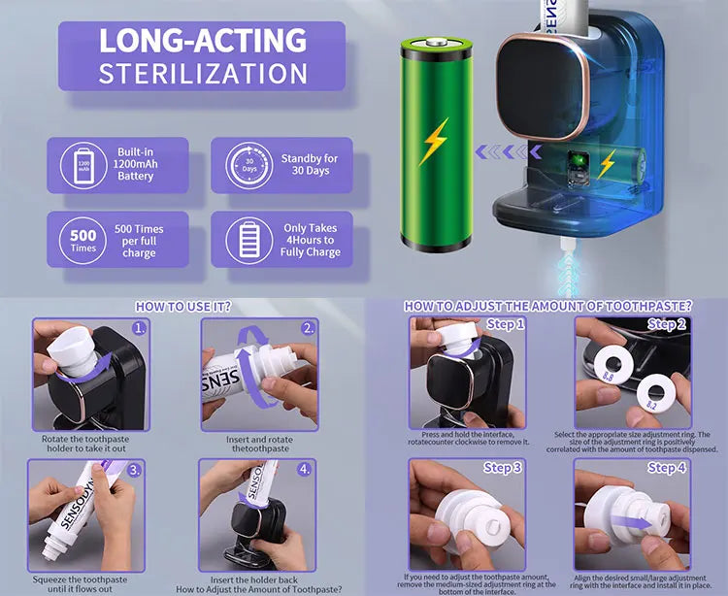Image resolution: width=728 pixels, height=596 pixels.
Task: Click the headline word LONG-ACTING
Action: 203,41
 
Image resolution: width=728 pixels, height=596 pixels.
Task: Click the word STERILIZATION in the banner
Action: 203,73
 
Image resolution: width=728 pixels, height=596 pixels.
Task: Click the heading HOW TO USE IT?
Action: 183,306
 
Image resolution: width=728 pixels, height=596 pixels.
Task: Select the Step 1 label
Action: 505,324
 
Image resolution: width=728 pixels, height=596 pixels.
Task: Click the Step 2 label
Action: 667,324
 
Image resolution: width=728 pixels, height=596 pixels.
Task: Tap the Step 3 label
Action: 503,468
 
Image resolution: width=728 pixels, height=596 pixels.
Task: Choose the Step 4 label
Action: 667,468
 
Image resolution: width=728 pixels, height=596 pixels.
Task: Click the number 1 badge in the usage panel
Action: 140,328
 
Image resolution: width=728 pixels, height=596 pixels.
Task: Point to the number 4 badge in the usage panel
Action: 305,469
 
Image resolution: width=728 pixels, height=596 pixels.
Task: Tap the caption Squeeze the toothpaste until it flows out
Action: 87,581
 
